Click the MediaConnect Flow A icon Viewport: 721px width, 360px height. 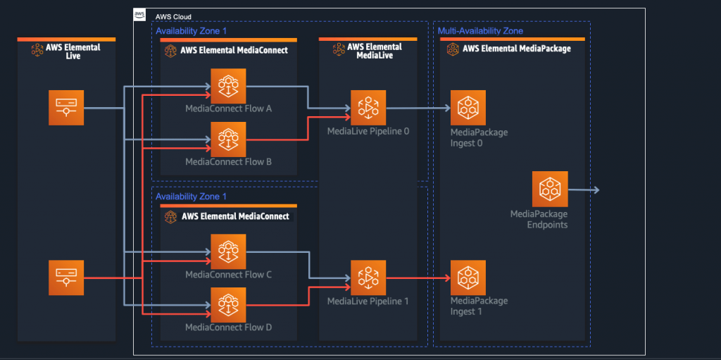pyautogui.click(x=228, y=86)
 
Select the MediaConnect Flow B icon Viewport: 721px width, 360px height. pyautogui.click(x=228, y=139)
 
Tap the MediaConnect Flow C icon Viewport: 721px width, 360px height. pyautogui.click(x=228, y=252)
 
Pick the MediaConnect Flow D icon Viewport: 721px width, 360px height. pyautogui.click(x=228, y=304)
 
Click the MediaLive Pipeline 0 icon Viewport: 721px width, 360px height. pyautogui.click(x=368, y=108)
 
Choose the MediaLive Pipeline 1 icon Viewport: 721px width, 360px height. pyautogui.click(x=368, y=278)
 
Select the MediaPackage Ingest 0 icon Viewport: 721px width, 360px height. pyautogui.click(x=468, y=108)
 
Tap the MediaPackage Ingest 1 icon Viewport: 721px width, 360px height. pyautogui.click(x=468, y=278)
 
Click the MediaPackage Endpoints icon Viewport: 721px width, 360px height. pyautogui.click(x=550, y=189)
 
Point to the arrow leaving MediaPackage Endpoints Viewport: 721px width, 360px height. pyautogui.click(x=584, y=190)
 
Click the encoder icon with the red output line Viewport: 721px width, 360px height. pyautogui.click(x=66, y=278)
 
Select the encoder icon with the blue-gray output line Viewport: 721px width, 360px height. pyautogui.click(x=66, y=108)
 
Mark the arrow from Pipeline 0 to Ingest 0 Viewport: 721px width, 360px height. pyautogui.click(x=418, y=108)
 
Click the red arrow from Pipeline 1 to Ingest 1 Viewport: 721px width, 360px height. pyautogui.click(x=418, y=278)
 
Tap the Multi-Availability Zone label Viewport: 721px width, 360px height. pyautogui.click(x=480, y=31)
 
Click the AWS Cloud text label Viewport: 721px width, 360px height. pyautogui.click(x=173, y=17)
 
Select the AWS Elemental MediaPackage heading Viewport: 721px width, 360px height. pyautogui.click(x=516, y=49)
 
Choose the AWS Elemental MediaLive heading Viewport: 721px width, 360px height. pyautogui.click(x=374, y=51)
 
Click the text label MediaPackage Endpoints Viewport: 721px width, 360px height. pyautogui.click(x=539, y=219)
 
